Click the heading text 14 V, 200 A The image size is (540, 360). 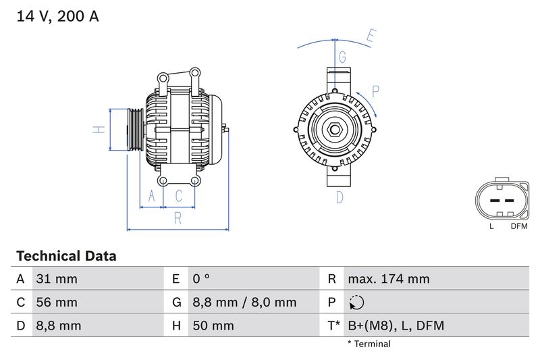pos(57,16)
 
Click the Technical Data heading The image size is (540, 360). pos(66,256)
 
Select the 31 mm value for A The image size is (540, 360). pos(57,279)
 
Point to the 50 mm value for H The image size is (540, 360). pos(213,326)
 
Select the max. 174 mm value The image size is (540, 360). pos(388,279)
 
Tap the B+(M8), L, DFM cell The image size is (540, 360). pos(396,326)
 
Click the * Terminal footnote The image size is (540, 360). pos(369,344)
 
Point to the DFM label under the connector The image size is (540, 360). pos(519,226)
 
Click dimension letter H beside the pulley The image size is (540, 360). pos(98,130)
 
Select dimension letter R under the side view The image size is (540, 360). pos(178,217)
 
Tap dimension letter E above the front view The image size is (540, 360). pos(371,36)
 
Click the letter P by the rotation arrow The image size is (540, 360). pos(375,91)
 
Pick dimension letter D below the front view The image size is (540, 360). pos(340,197)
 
